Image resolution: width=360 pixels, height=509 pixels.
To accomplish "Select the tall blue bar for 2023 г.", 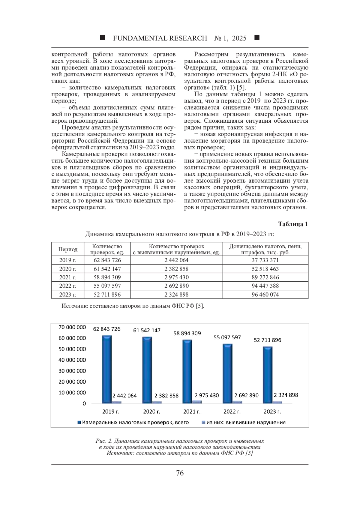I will click(x=268, y=375).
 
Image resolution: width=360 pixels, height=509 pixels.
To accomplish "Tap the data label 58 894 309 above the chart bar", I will click(x=187, y=333).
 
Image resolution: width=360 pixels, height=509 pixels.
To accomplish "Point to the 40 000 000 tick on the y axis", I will click(x=72, y=360).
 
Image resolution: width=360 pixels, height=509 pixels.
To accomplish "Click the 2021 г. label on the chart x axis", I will click(x=192, y=412).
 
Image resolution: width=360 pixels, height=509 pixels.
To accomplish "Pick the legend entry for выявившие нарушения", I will click(x=244, y=422).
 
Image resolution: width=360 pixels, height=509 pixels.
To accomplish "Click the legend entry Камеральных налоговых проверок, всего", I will click(x=133, y=422).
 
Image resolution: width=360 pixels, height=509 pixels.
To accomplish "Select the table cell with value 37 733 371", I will click(x=265, y=260).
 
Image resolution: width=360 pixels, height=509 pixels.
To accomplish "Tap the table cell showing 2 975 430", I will click(x=176, y=277).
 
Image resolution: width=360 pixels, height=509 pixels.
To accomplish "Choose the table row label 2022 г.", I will click(x=67, y=286).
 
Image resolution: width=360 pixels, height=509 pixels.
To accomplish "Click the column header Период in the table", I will click(x=68, y=249).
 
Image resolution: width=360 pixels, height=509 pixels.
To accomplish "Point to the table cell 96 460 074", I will click(x=265, y=295).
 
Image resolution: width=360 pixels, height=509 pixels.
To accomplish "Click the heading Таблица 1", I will click(x=293, y=224).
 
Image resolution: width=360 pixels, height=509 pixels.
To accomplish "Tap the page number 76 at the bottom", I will click(x=180, y=473).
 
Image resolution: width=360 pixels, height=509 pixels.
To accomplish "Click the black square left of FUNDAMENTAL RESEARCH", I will click(x=103, y=38).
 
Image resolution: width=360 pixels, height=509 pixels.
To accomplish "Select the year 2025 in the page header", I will click(x=239, y=38).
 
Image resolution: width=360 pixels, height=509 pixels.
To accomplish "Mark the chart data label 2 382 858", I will click(x=166, y=395).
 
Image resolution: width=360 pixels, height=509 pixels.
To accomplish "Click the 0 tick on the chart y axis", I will click(x=84, y=403).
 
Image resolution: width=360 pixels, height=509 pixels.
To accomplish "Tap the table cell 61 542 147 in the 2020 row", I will click(x=107, y=269).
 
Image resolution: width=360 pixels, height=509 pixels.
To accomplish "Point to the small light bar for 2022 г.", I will click(x=237, y=402).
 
